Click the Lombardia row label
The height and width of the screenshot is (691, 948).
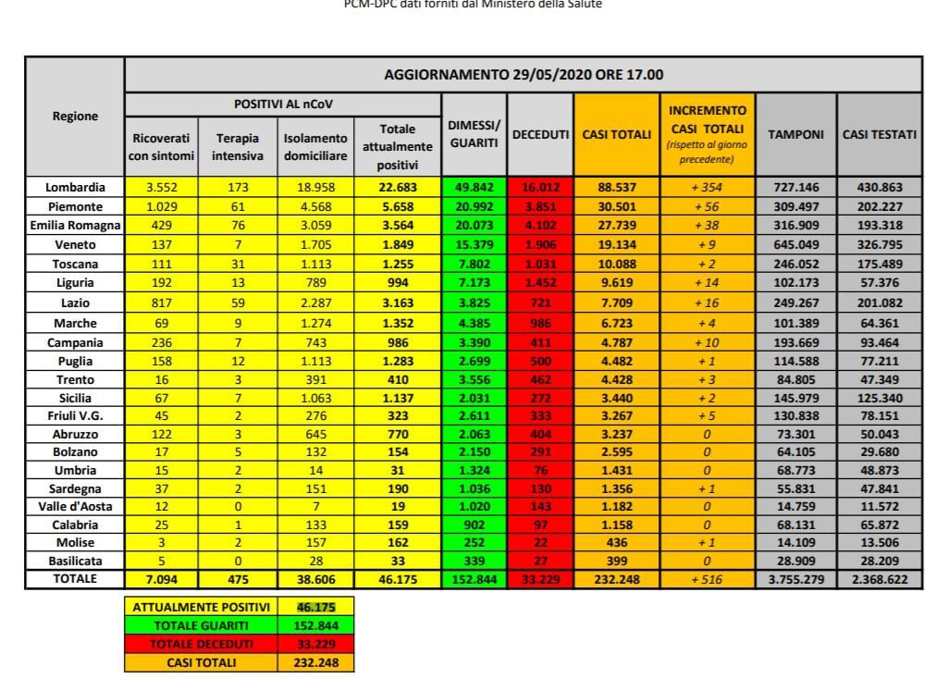pos(75,186)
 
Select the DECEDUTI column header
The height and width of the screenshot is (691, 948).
pos(540,135)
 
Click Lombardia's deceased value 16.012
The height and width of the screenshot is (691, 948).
pos(540,186)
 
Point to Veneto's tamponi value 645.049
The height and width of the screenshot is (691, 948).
pos(795,245)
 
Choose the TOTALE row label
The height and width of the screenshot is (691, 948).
pos(75,578)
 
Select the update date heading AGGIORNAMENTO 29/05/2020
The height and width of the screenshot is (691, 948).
pos(523,75)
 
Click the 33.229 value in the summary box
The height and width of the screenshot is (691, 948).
pos(314,644)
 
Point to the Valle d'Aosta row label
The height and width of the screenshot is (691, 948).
pos(75,506)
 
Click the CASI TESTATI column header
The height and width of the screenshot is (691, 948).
pos(880,135)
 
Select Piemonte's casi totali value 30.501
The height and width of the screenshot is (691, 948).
pos(616,205)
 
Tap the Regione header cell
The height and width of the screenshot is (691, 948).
pos(75,117)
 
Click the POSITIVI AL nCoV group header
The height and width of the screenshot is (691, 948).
pos(282,105)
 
